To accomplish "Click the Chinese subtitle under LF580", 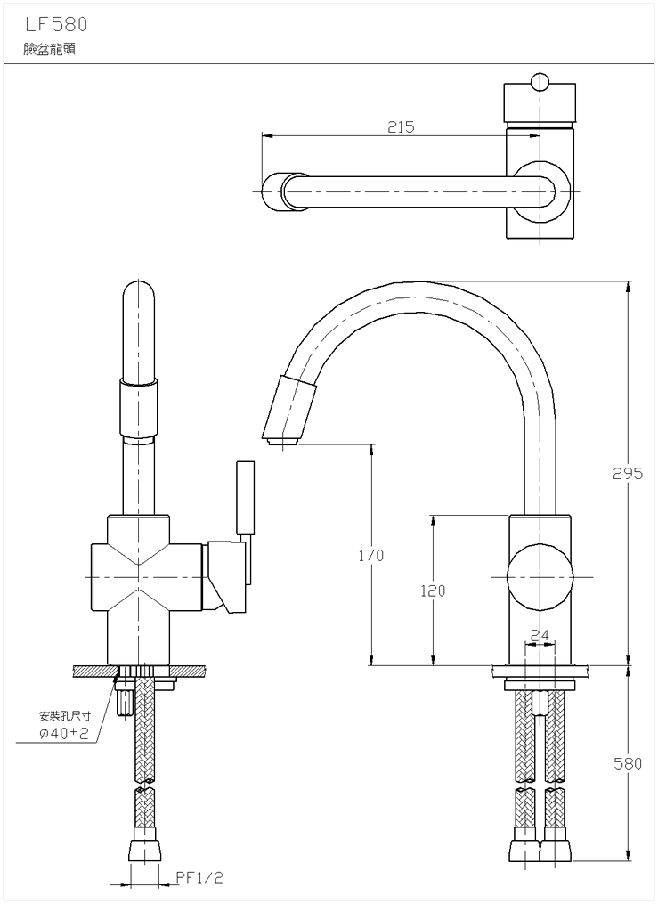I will pyautogui.click(x=50, y=50).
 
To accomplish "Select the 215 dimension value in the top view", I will pyautogui.click(x=401, y=127).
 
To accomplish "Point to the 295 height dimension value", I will pyautogui.click(x=627, y=474).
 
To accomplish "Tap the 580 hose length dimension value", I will pyautogui.click(x=627, y=764).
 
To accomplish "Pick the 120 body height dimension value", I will pyautogui.click(x=434, y=590).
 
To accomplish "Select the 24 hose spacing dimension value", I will pyautogui.click(x=540, y=636).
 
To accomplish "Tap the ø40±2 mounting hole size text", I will pyautogui.click(x=65, y=733).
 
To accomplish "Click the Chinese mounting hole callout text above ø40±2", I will pyautogui.click(x=64, y=716).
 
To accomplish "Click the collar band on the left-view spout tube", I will pyautogui.click(x=141, y=383).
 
